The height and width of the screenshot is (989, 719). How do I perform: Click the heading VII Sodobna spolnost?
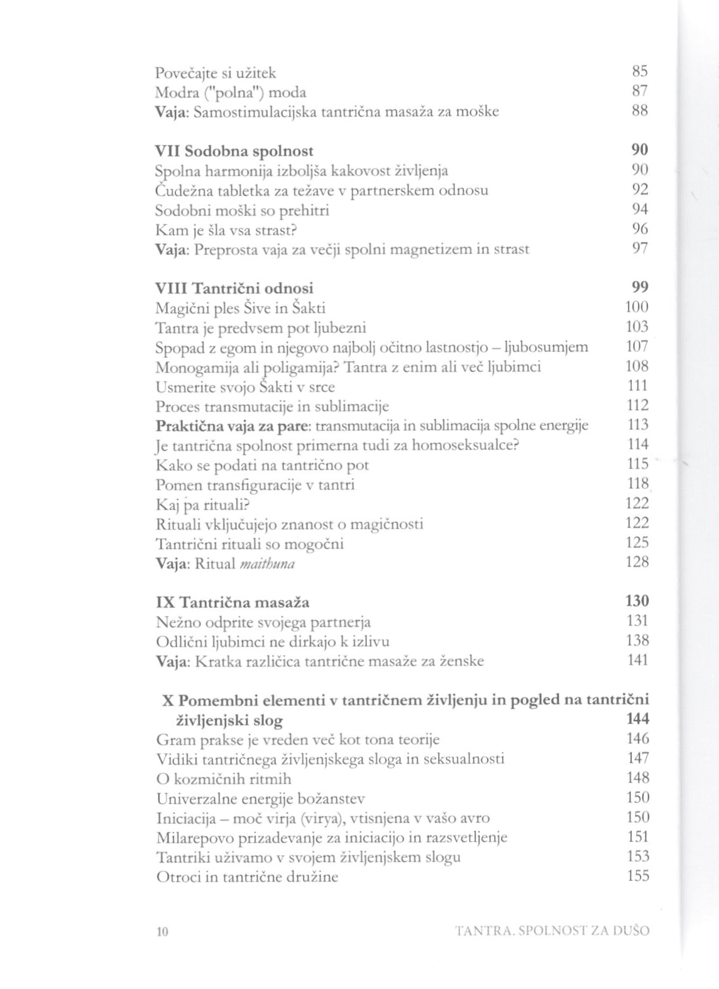[234, 151]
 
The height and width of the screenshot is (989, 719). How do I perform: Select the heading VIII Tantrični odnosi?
[234, 288]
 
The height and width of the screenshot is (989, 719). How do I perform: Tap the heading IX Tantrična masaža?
[233, 603]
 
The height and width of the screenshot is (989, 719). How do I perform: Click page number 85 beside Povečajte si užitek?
[639, 71]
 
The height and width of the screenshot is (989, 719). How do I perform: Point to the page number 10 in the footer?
[162, 931]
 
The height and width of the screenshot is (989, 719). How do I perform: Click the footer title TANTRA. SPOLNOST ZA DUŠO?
[552, 931]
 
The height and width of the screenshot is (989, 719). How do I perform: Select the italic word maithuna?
[267, 564]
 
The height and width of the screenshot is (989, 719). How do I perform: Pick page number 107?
[637, 346]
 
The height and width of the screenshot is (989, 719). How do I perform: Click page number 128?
[637, 562]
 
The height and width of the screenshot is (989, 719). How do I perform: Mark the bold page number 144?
[637, 719]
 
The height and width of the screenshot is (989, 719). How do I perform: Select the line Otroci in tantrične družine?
[247, 877]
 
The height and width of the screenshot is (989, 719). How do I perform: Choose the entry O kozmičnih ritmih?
[224, 779]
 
